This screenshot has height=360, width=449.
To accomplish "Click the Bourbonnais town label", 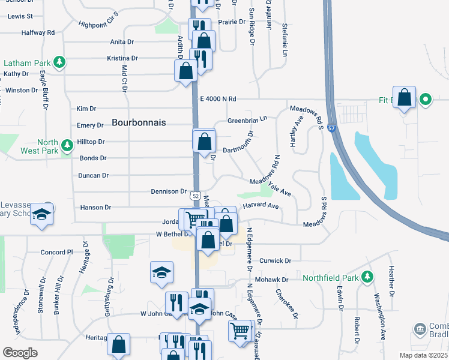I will point(139,122).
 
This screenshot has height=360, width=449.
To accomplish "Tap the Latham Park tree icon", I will point(59,62).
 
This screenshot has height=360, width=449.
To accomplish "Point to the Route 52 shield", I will point(196,196).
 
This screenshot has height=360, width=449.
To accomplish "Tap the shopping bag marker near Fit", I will point(405,99).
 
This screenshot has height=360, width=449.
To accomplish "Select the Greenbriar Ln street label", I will point(247,121).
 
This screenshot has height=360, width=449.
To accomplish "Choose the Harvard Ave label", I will point(261,206).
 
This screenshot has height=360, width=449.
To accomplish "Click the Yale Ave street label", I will point(280,190).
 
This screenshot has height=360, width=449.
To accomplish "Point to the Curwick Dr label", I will point(276,261).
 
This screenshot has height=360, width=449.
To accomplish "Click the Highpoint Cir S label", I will point(99,23).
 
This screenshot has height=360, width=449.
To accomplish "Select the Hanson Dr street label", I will point(95,207).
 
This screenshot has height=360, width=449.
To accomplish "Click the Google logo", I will point(20,352).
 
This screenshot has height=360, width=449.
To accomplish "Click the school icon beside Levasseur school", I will point(41,214).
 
